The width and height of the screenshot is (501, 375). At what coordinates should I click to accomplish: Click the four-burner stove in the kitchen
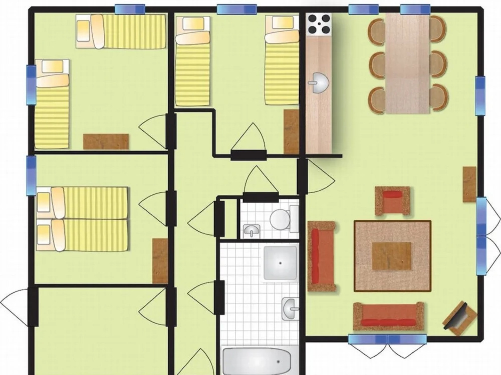click(318, 24)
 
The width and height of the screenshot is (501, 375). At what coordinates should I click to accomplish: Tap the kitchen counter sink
click(318, 83)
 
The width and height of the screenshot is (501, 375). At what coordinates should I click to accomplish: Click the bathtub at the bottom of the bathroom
click(260, 361)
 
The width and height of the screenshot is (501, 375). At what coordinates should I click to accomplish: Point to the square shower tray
click(280, 262)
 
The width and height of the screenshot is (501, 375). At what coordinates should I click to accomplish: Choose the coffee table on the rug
click(392, 256)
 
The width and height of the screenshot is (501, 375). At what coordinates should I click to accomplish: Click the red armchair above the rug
click(392, 201)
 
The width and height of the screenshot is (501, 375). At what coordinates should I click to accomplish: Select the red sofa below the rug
click(388, 317)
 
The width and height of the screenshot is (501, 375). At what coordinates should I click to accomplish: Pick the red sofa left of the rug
click(321, 256)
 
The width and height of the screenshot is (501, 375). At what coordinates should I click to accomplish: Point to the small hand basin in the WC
click(252, 230)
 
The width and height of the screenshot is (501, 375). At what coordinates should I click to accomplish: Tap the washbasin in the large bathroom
click(290, 308)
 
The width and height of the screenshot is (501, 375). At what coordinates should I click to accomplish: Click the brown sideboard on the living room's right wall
click(469, 184)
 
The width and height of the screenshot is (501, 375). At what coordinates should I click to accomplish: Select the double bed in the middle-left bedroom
click(82, 219)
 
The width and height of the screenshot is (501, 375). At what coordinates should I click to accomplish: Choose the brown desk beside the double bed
click(160, 261)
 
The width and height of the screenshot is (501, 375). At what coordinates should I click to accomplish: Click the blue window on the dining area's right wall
click(480, 95)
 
